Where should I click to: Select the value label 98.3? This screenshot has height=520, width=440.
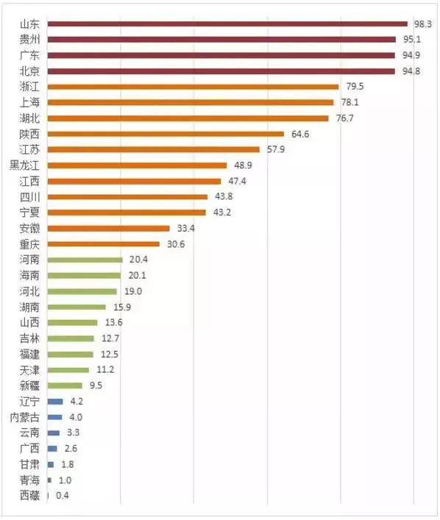(x=422, y=24)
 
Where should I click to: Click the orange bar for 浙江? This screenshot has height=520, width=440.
(x=193, y=87)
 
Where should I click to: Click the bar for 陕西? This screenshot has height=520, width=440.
(x=166, y=134)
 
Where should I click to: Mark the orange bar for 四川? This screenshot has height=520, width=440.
(x=127, y=196)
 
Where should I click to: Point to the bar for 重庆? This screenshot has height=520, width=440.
(x=103, y=243)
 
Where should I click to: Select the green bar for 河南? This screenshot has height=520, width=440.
(x=85, y=260)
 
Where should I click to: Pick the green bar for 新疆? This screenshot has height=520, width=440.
(x=65, y=385)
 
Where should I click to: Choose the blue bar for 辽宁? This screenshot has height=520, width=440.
(x=54, y=401)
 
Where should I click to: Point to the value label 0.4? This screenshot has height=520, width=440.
(x=62, y=496)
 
